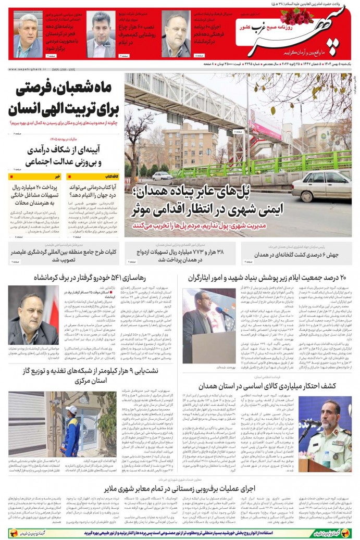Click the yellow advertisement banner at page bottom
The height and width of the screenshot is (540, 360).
point(180,533)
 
